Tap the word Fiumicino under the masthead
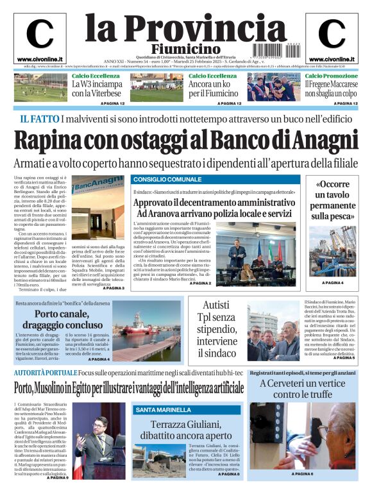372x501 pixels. tap(186, 49)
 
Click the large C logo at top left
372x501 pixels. tap(39, 34)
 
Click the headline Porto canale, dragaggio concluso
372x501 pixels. tap(63, 319)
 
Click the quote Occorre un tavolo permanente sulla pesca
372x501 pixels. tap(332, 201)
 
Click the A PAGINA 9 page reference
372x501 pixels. tap(58, 478)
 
